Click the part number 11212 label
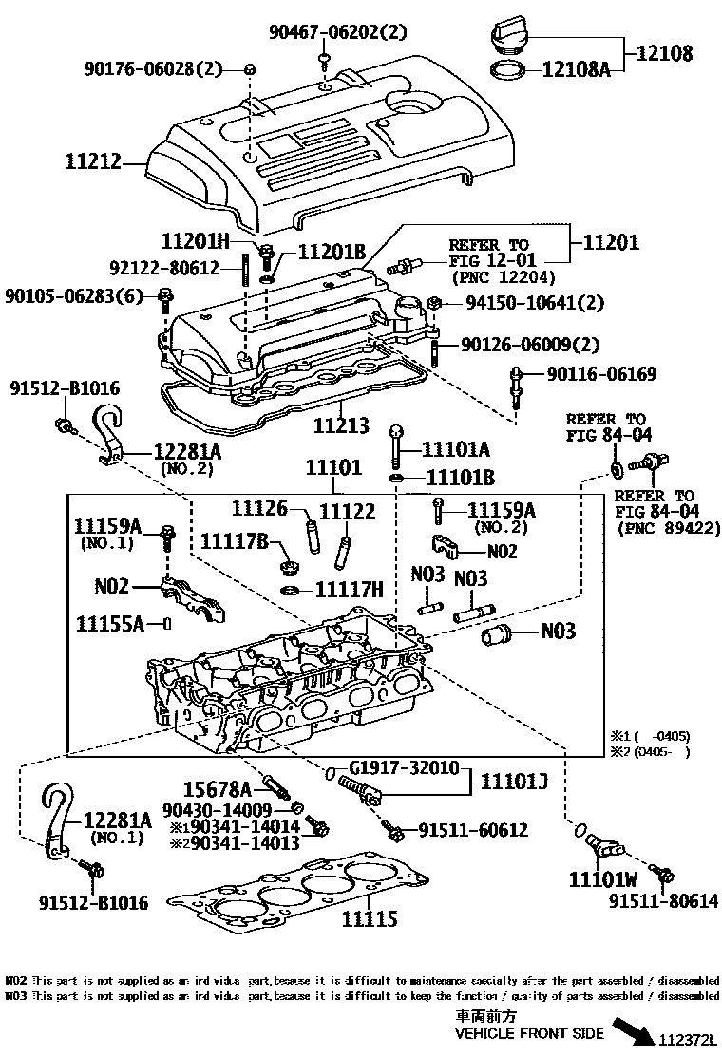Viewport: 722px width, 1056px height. coord(94,162)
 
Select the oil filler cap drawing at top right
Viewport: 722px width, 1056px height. coord(511,37)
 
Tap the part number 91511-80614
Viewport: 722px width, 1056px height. coord(664,901)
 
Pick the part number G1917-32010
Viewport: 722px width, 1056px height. coord(405,768)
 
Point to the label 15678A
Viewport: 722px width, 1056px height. coord(218,788)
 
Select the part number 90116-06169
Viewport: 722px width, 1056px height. coord(600,374)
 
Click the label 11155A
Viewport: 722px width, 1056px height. coord(110,624)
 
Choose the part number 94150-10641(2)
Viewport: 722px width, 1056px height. coord(532,303)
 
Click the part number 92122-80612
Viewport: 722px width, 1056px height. coord(165,269)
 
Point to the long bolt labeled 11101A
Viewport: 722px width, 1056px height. coord(395,444)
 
